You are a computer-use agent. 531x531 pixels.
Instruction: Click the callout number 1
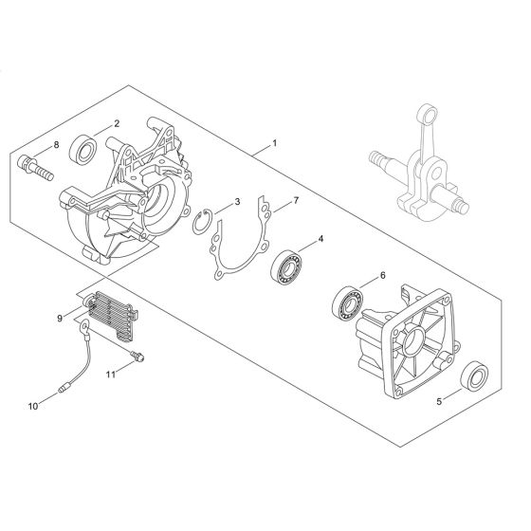click(x=275, y=143)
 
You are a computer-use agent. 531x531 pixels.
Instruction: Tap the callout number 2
click(x=117, y=123)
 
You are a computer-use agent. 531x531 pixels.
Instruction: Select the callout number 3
click(x=237, y=201)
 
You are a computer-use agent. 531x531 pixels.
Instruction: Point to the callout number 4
click(x=320, y=239)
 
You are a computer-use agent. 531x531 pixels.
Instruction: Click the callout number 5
click(x=439, y=402)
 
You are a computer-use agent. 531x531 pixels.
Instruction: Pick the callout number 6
click(x=383, y=276)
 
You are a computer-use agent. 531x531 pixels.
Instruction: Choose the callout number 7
click(x=296, y=200)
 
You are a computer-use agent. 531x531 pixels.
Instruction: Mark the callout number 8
click(x=56, y=145)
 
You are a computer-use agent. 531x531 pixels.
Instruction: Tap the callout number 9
click(x=60, y=319)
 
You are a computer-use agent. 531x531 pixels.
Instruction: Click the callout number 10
click(x=33, y=406)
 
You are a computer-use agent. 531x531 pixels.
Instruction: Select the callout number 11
click(x=111, y=375)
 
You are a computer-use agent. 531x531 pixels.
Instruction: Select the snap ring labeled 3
click(x=203, y=222)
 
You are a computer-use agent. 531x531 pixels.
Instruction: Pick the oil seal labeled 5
click(x=475, y=377)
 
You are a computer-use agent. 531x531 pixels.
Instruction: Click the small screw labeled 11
click(x=137, y=357)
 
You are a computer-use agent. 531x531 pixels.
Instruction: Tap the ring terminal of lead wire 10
click(x=83, y=327)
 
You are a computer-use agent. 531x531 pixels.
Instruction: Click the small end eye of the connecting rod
click(x=429, y=113)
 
